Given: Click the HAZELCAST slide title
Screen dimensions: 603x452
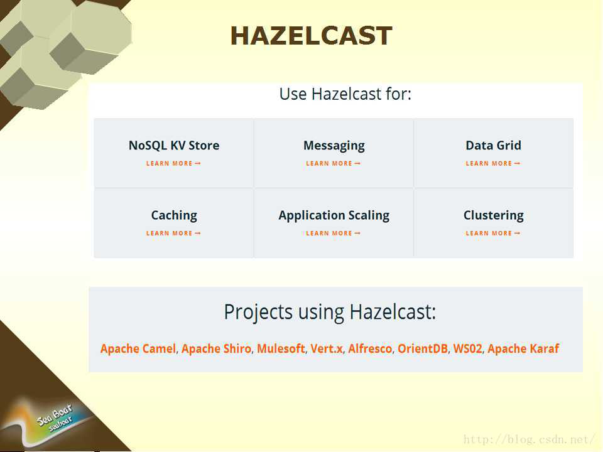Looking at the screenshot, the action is click(x=311, y=36).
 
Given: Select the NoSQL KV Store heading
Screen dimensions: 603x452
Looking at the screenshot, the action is click(x=174, y=145).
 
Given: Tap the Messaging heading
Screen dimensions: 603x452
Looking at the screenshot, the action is click(x=334, y=146).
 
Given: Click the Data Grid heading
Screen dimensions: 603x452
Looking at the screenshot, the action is click(x=494, y=145).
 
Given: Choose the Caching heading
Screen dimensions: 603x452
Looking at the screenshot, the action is click(x=174, y=215).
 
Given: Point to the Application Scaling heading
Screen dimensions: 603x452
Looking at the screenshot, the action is click(x=334, y=215).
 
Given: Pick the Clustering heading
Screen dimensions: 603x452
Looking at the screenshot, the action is click(x=494, y=215).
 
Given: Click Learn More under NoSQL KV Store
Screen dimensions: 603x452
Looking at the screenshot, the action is click(x=173, y=163).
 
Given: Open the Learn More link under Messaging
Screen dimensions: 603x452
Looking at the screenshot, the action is click(x=333, y=163).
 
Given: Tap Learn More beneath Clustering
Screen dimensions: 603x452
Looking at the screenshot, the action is click(x=493, y=234).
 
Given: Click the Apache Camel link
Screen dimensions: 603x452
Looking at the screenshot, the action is click(x=138, y=348).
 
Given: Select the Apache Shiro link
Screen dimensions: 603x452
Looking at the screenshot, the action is click(x=216, y=348).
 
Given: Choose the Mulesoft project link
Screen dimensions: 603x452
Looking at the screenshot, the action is click(x=281, y=348).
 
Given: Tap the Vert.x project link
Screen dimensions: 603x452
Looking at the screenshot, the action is click(x=327, y=348).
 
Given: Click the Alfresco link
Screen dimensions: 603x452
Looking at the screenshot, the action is click(x=370, y=348).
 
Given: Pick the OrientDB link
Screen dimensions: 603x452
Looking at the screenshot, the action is click(x=423, y=348).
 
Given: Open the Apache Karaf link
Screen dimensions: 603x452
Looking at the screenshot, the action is click(x=523, y=348).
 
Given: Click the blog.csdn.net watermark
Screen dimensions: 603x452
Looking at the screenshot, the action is click(x=529, y=439).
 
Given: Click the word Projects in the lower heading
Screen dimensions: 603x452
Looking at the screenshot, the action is click(x=258, y=312).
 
